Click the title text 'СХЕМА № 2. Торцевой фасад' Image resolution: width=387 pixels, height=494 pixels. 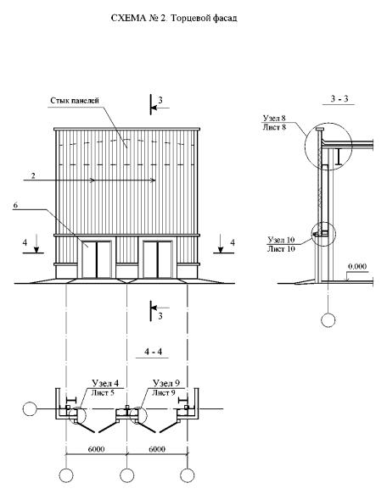pyautogui.click(x=174, y=19)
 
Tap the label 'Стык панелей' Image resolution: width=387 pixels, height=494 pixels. pyautogui.click(x=75, y=101)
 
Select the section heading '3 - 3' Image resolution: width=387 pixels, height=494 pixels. pyautogui.click(x=339, y=99)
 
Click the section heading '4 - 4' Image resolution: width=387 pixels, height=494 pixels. pyautogui.click(x=153, y=352)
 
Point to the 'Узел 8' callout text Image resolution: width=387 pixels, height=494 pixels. pyautogui.click(x=274, y=118)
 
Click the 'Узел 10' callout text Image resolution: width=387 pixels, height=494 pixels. pyautogui.click(x=281, y=240)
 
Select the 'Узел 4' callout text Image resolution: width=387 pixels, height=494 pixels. pyautogui.click(x=105, y=383)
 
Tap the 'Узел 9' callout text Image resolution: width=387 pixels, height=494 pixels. pyautogui.click(x=166, y=383)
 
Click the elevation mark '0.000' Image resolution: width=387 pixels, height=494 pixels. pyautogui.click(x=357, y=267)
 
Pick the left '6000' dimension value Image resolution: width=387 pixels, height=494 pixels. pyautogui.click(x=96, y=449)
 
